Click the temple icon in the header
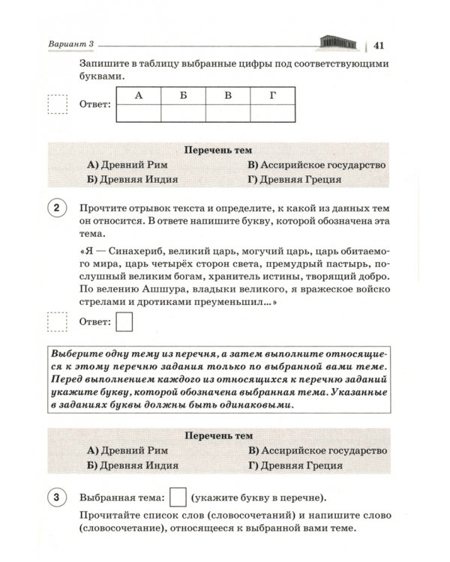pyautogui.click(x=337, y=41)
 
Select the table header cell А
pyautogui.click(x=139, y=95)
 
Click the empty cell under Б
pyautogui.click(x=184, y=112)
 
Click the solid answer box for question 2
pyautogui.click(x=125, y=322)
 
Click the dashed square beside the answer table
pyautogui.click(x=58, y=105)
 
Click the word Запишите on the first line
pyautogui.click(x=103, y=62)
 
